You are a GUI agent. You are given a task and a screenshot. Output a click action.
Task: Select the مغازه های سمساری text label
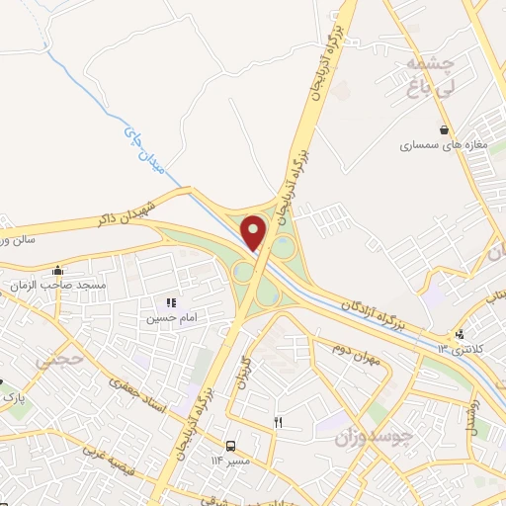coord(445,146)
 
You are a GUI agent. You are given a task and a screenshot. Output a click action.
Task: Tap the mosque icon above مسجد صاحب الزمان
coord(59,270)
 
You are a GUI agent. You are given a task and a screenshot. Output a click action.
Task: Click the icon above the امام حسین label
coord(170,302)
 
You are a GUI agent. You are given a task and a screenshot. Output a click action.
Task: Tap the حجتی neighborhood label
coord(53,361)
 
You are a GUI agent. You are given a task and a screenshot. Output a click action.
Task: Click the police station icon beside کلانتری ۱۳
coord(460,334)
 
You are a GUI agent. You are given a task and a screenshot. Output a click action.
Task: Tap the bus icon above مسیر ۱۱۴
coord(230,445)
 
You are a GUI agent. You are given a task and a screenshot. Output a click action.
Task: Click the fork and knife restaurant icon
coord(278,422)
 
